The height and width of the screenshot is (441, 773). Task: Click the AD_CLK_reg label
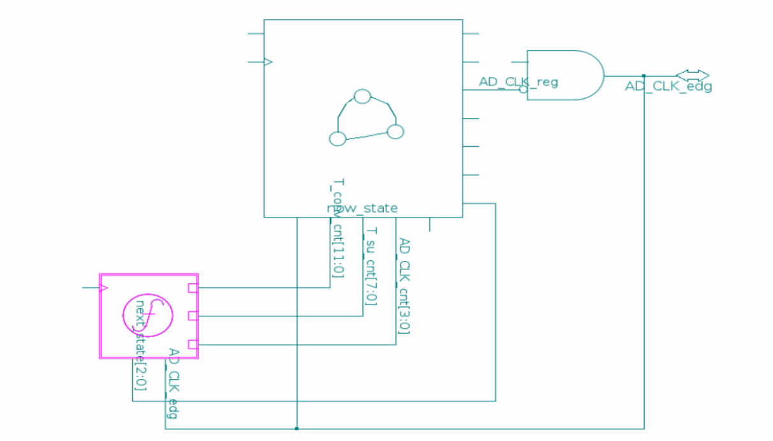pyautogui.click(x=518, y=82)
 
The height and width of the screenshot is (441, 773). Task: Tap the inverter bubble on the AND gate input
pyautogui.click(x=523, y=89)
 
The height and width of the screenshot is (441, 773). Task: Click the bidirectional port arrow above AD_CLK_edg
pyautogui.click(x=692, y=75)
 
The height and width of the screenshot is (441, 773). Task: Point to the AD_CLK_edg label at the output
pyautogui.click(x=668, y=87)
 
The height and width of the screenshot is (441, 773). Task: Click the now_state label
pyautogui.click(x=362, y=208)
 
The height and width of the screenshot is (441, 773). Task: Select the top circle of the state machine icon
pyautogui.click(x=362, y=96)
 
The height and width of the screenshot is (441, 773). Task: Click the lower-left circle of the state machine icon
pyautogui.click(x=337, y=138)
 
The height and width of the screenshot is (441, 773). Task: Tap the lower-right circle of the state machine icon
pyautogui.click(x=395, y=131)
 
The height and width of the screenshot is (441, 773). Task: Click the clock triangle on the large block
pyautogui.click(x=268, y=62)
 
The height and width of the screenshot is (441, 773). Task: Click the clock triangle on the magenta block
pyautogui.click(x=103, y=288)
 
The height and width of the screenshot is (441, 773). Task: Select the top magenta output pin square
pyautogui.click(x=193, y=288)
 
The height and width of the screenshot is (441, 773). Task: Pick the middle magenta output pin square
pyautogui.click(x=193, y=315)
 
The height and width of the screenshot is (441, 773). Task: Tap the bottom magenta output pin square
pyautogui.click(x=193, y=345)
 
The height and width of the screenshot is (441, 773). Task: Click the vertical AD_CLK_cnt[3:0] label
pyautogui.click(x=404, y=286)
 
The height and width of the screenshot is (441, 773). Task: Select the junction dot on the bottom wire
pyautogui.click(x=297, y=428)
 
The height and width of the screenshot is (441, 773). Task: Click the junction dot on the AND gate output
pyautogui.click(x=644, y=75)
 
